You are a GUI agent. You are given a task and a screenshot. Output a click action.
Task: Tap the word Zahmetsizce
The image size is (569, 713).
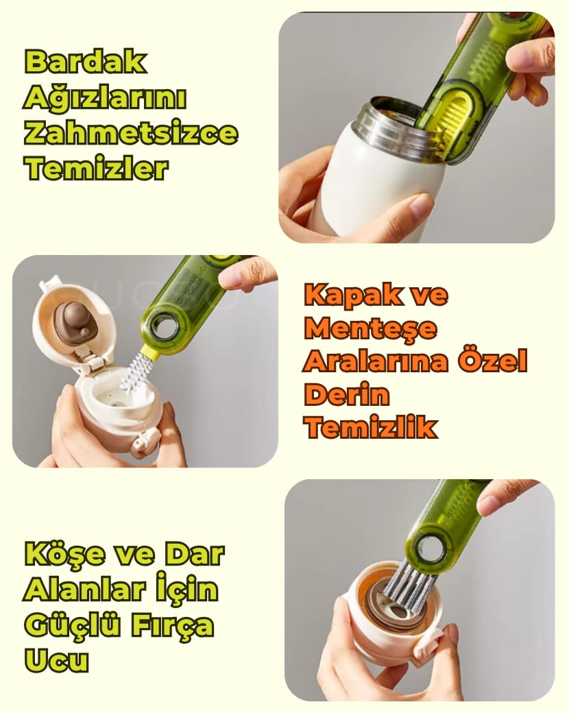[x=131, y=132]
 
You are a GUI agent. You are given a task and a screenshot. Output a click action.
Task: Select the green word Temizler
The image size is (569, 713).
[x=95, y=168]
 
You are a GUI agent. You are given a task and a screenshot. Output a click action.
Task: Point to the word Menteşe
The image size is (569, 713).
[x=370, y=328]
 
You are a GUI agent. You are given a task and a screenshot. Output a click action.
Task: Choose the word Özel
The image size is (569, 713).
[x=493, y=361]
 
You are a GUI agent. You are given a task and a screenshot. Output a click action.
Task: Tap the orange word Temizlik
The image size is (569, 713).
[x=371, y=427]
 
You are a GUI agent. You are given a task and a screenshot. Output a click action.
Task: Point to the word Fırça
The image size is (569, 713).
[x=171, y=625]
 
